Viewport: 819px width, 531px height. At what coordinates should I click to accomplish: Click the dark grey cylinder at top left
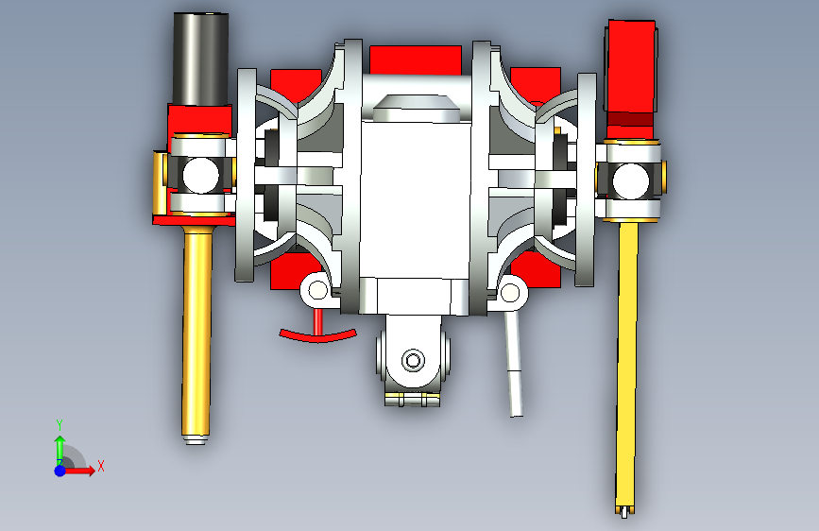200,59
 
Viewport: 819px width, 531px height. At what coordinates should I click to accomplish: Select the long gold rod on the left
196,334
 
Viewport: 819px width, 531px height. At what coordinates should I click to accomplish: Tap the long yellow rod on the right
627,366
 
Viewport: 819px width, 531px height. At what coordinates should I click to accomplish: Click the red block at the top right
631,67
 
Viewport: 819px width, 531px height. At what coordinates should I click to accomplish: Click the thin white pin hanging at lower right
514,363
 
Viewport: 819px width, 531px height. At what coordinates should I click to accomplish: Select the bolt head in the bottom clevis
413,360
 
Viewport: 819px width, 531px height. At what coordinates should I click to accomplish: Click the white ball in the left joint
200,175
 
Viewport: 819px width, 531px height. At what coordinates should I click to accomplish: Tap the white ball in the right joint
630,181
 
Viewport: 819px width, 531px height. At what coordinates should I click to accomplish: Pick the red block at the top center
416,60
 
